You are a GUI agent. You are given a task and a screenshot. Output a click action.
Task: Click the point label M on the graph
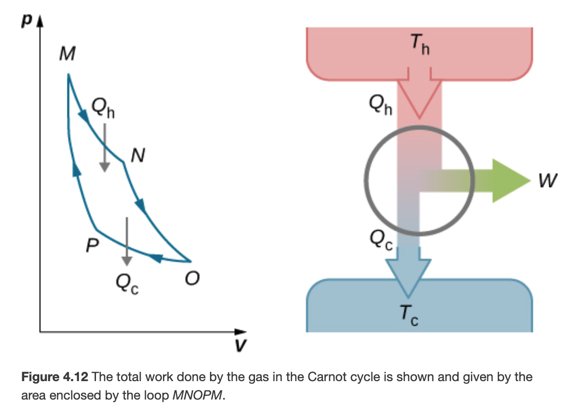click(67, 54)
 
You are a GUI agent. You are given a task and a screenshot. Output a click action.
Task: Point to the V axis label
click(239, 346)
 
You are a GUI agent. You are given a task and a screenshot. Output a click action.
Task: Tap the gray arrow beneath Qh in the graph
click(104, 148)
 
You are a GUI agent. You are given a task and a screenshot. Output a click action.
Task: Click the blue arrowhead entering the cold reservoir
click(408, 276)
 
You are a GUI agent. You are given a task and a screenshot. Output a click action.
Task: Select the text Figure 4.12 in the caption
click(52, 377)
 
